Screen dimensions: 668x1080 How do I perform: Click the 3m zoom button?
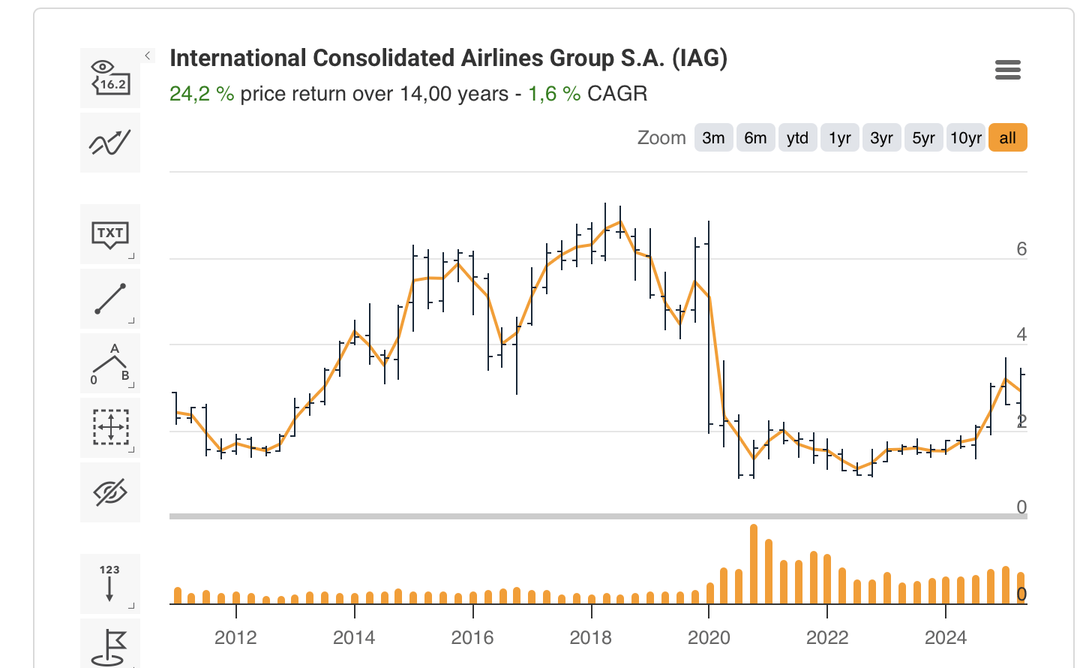click(x=713, y=138)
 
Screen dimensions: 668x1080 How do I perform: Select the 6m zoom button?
click(x=755, y=138)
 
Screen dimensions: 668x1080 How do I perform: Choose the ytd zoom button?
click(x=797, y=138)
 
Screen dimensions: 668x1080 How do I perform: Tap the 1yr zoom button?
click(x=839, y=138)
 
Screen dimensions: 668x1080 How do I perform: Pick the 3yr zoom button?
click(x=881, y=138)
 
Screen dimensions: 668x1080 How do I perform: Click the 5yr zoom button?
click(x=923, y=138)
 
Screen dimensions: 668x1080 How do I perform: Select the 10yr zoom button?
click(x=965, y=138)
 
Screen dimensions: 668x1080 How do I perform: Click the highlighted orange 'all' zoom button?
click(x=1007, y=138)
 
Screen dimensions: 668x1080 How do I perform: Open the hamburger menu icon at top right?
click(x=1007, y=71)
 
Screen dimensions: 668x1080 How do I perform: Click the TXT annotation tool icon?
click(x=110, y=234)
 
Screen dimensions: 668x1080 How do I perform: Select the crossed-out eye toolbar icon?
click(x=110, y=492)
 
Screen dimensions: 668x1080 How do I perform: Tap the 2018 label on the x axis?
click(x=590, y=638)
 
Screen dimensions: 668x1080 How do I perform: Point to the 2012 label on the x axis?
click(x=235, y=638)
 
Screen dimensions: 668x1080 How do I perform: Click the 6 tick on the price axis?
click(x=1021, y=249)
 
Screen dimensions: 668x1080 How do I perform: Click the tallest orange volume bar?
click(x=753, y=564)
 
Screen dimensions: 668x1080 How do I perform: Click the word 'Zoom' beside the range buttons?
click(x=661, y=138)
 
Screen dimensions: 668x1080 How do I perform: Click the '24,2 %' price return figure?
click(x=201, y=94)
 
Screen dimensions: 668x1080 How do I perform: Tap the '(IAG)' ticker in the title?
click(x=699, y=59)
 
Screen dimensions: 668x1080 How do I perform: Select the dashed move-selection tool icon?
click(x=110, y=428)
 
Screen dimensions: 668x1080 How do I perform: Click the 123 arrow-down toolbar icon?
click(x=110, y=583)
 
